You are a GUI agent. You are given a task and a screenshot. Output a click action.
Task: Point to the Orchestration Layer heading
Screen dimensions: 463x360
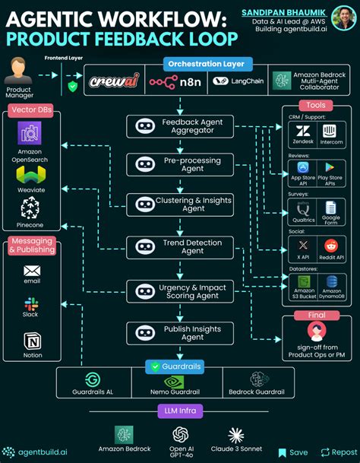pos(207,65)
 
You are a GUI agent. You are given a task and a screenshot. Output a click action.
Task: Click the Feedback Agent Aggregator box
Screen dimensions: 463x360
pos(180,126)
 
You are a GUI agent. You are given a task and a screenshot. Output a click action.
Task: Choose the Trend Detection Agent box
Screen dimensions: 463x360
pos(180,246)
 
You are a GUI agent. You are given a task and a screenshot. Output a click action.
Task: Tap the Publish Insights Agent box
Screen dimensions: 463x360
pos(180,332)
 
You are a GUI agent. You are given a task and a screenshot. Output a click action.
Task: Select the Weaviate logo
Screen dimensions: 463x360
pos(30,176)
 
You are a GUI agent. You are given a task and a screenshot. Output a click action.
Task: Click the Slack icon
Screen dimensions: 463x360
pos(31,304)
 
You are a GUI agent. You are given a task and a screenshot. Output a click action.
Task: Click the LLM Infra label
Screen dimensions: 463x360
pos(179,411)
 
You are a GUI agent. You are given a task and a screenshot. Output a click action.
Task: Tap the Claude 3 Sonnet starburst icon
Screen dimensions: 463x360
pos(236,435)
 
